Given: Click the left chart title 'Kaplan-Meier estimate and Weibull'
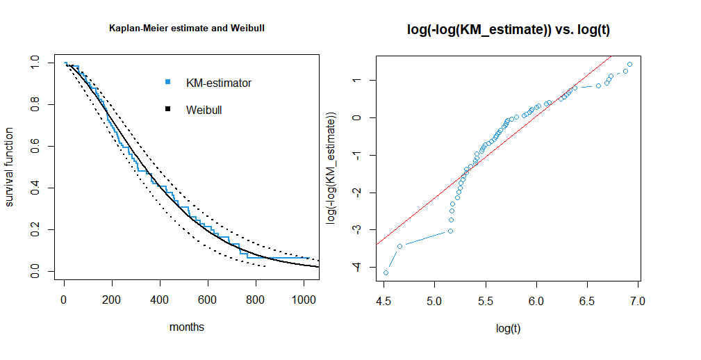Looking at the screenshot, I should click(x=187, y=28).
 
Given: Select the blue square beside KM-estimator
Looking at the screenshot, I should click(x=167, y=83).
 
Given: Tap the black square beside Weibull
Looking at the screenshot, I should click(x=167, y=110).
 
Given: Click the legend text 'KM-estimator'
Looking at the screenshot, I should click(x=218, y=83).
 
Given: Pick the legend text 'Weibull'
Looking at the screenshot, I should click(x=204, y=110).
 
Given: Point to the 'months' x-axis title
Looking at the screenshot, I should click(x=187, y=327).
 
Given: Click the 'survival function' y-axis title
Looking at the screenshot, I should click(x=10, y=167).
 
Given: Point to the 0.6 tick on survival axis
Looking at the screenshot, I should click(x=35, y=147).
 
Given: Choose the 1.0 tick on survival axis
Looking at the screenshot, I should click(x=35, y=63).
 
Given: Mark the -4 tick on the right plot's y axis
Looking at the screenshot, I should click(x=357, y=267).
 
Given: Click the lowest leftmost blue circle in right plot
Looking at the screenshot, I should click(x=386, y=272).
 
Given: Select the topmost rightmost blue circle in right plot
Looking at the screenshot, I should click(x=629, y=64).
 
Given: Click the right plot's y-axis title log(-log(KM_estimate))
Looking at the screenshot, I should click(x=331, y=167).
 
